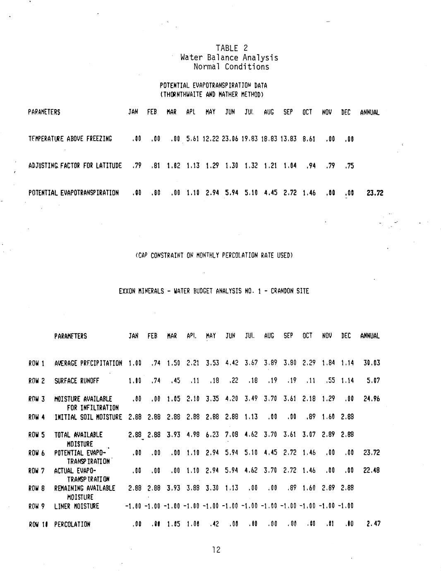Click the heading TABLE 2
[231, 48]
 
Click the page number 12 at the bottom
[216, 549]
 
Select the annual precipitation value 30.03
[371, 363]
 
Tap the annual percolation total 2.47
[373, 524]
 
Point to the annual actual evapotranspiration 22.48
[371, 470]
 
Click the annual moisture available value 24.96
[371, 399]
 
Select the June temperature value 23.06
[230, 139]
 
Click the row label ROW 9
[36, 506]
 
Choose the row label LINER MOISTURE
[77, 506]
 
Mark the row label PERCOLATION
[72, 524]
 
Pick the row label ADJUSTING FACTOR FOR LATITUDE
[75, 166]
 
